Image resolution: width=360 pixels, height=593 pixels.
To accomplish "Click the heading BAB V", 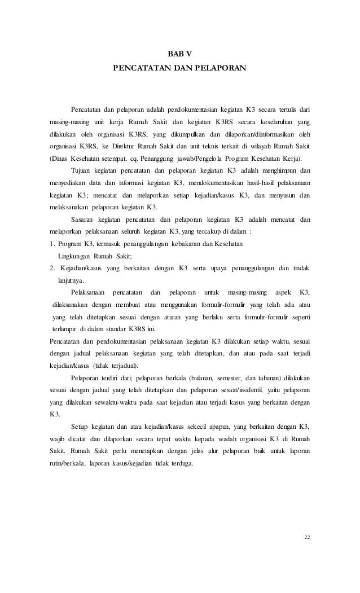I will coord(180,54).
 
